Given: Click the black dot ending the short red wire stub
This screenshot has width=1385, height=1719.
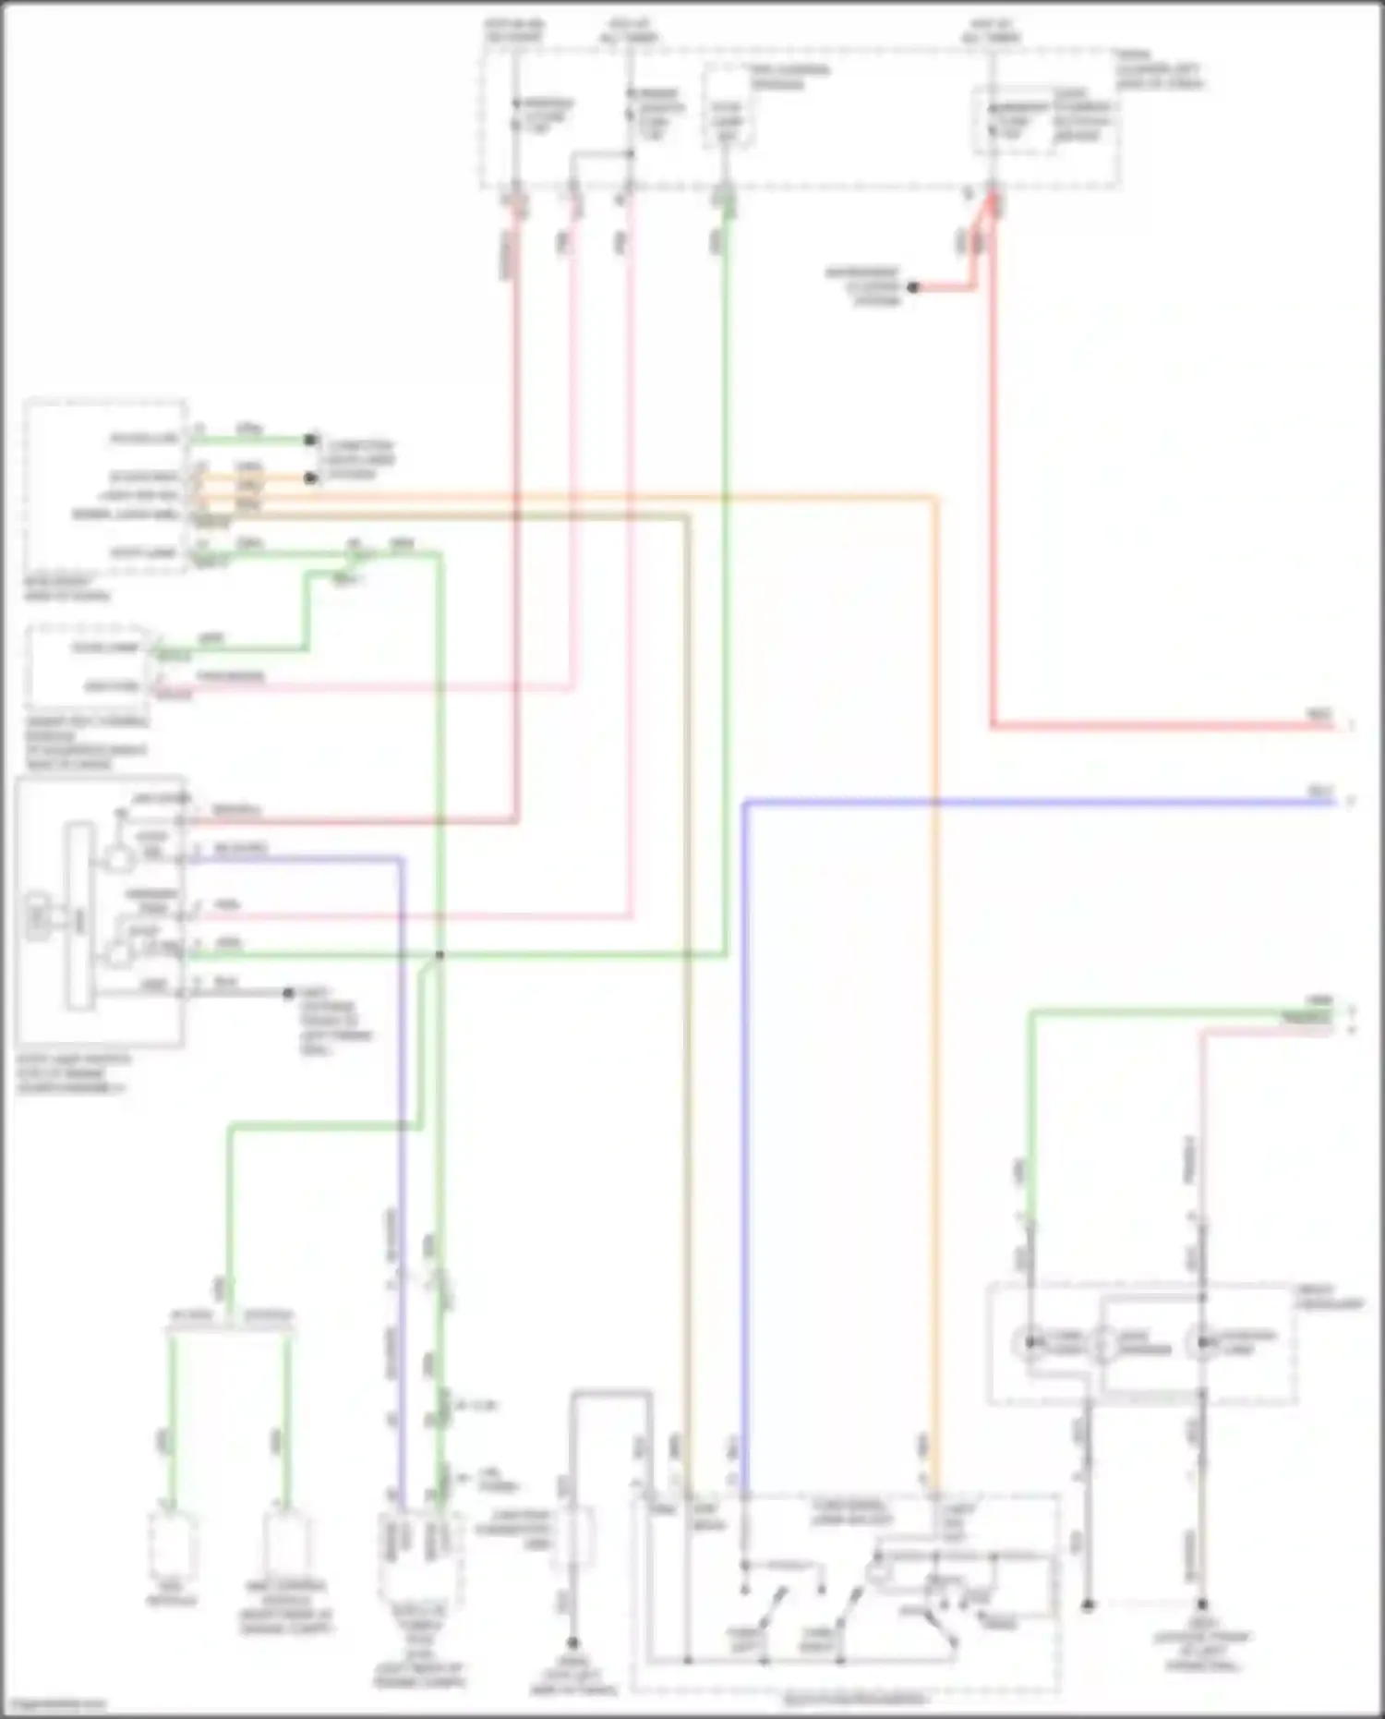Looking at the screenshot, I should [912, 288].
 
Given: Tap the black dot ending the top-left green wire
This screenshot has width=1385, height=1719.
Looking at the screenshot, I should [312, 441].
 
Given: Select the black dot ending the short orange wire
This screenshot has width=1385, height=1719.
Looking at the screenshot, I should [312, 478].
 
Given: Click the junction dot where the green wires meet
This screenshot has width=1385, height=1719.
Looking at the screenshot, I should [440, 955].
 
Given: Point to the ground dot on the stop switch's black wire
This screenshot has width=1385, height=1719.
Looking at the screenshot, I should [289, 993].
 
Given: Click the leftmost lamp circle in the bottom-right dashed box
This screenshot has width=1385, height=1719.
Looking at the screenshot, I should [1027, 1343].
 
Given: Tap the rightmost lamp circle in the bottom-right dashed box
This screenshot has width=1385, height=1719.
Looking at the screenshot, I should [1201, 1343].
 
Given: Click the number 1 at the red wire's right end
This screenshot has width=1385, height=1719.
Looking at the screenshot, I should [1351, 727].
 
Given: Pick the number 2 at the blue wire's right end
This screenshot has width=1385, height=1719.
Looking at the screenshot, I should [1351, 802].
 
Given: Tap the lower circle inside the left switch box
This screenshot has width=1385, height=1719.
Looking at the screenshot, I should [119, 952].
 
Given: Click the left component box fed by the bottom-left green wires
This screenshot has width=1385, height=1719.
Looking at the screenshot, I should [173, 1544].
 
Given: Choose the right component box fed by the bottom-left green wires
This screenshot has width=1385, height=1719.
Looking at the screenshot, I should [287, 1544].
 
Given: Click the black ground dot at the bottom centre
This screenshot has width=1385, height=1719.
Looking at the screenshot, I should [572, 1642].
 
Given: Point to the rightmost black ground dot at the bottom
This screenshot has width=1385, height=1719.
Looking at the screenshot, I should [1202, 1605].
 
